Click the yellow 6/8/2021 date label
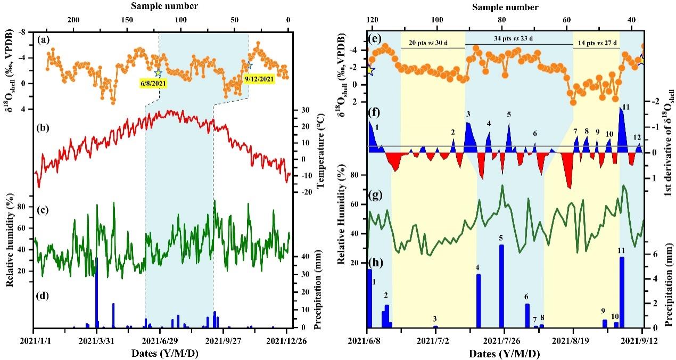tap(152, 84)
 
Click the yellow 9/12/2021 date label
tap(259, 79)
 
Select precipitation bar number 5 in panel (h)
tap(501, 286)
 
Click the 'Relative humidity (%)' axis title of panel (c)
tap(10, 244)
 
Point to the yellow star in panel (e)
tap(370, 70)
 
